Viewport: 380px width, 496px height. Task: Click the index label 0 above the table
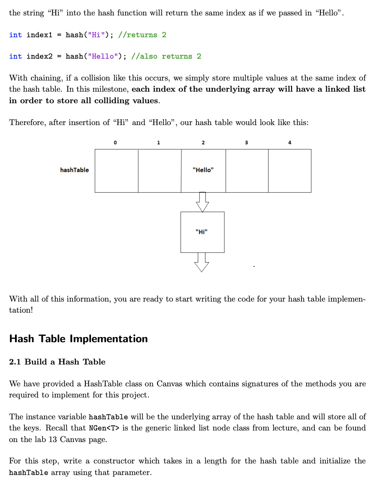click(x=115, y=142)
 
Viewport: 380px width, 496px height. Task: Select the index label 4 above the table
click(x=290, y=142)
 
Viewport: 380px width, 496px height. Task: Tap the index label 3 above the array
click(x=246, y=142)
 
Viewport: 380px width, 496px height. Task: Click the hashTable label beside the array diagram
click(x=75, y=170)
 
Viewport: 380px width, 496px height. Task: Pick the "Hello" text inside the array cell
click(x=203, y=170)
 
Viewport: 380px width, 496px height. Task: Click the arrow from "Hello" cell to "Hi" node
click(x=202, y=201)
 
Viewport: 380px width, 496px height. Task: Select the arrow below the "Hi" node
click(x=202, y=262)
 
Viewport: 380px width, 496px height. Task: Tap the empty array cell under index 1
click(x=160, y=170)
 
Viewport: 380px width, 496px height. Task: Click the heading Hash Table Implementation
click(x=78, y=339)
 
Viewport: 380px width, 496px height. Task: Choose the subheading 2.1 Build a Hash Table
click(x=57, y=362)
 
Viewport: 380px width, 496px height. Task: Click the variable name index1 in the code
click(x=39, y=35)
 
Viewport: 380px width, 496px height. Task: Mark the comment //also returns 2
click(x=166, y=56)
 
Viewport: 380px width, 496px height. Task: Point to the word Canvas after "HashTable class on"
click(x=170, y=384)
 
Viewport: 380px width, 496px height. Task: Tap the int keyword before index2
click(x=15, y=56)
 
